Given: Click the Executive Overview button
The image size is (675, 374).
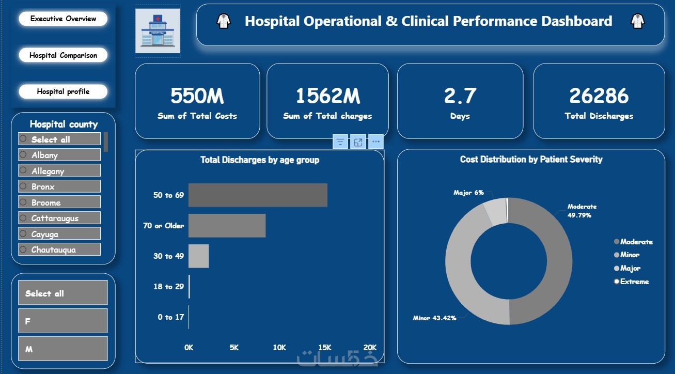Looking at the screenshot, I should tap(63, 19).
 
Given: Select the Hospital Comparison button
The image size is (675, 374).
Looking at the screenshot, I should tap(63, 55).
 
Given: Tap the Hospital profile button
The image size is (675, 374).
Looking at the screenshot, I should tap(63, 91).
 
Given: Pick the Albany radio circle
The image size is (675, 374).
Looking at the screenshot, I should tap(23, 154).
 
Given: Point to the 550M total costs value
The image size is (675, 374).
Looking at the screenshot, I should tap(197, 96).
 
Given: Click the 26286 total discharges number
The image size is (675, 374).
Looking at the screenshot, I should tap(599, 96).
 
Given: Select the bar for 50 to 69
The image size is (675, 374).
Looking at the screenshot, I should tap(258, 195).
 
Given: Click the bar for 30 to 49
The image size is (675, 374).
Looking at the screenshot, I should tap(198, 256).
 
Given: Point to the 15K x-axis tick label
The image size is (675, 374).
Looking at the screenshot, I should tap(325, 348).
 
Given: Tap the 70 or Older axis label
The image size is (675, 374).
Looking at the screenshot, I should tap(163, 226).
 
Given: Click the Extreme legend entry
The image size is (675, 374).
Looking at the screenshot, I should tap(634, 282).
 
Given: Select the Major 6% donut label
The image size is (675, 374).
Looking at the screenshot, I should tap(468, 193).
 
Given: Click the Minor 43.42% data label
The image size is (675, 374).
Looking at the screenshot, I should tap(434, 318).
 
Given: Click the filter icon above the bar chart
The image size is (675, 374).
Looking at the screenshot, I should tap(340, 142).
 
